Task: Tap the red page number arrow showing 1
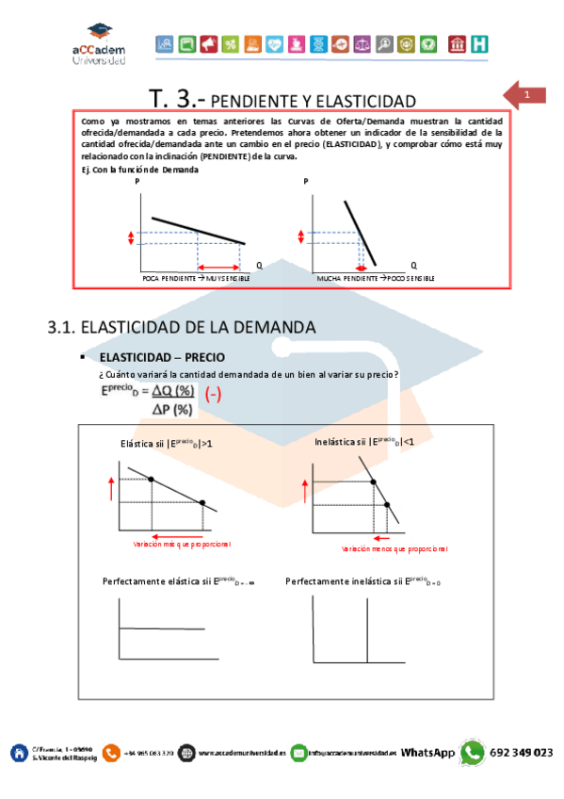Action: [x=524, y=95]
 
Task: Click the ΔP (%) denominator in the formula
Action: [x=172, y=409]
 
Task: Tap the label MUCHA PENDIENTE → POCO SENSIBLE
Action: [x=376, y=280]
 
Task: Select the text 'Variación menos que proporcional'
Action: [x=395, y=547]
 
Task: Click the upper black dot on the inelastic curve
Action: [x=374, y=481]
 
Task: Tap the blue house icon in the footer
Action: [x=18, y=752]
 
